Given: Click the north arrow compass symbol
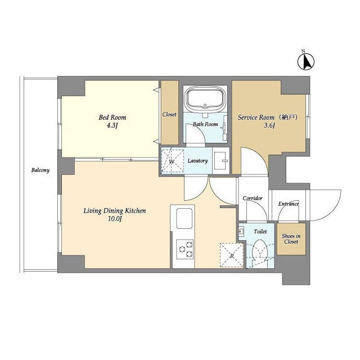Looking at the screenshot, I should tap(306, 60).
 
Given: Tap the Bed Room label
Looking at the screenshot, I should tap(112, 118).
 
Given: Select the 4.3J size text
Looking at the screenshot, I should tap(112, 126).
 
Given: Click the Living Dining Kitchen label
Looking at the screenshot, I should tap(115, 211).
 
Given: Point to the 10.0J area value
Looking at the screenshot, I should tap(115, 219).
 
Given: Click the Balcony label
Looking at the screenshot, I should tap(40, 170).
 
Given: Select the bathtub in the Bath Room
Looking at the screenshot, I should tap(205, 99).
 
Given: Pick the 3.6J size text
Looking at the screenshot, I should tap(269, 126).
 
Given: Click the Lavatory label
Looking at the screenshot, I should tap(197, 161).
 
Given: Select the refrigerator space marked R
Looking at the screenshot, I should tap(231, 255).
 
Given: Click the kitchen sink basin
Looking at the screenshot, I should tap(184, 218).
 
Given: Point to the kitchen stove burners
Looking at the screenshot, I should tap(184, 248).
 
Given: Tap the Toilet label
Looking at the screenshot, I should tap(260, 231).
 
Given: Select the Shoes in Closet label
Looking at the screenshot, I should tap(291, 238).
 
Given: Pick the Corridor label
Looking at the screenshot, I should tap(253, 199).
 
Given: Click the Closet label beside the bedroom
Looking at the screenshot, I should tap(169, 115).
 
